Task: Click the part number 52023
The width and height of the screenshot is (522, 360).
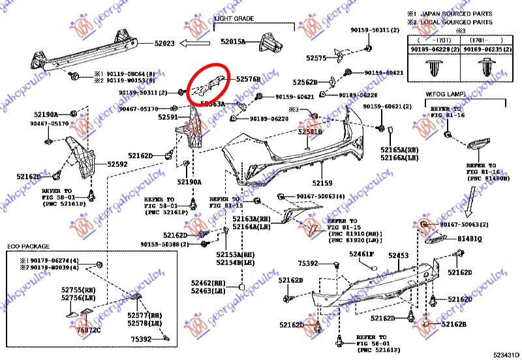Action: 164,44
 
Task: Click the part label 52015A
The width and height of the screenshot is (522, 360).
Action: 233,41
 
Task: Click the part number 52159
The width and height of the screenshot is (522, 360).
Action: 322,183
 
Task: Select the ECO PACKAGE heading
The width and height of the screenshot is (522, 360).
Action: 29,247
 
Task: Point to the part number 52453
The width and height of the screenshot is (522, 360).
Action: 399,256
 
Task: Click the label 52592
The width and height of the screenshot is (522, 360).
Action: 117,165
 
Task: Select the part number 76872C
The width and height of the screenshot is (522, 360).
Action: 89,330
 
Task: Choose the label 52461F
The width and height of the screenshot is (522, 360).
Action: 361,253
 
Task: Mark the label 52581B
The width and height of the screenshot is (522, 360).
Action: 311,132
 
